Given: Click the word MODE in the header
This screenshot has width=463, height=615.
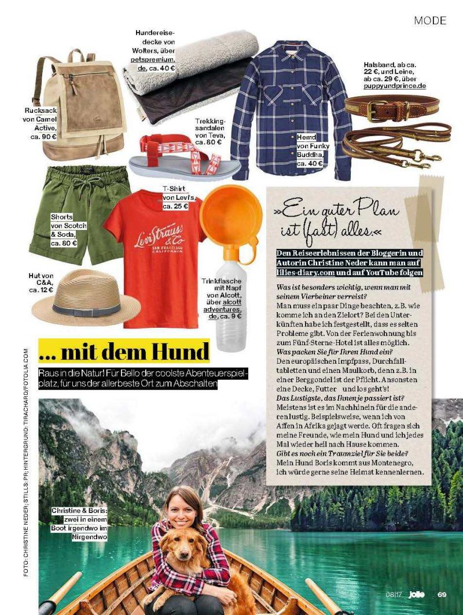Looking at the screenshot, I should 430,21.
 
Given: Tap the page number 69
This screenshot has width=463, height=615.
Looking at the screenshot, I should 442,594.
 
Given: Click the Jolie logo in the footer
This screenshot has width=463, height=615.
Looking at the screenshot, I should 417,594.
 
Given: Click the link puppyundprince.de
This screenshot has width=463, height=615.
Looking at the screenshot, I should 395,86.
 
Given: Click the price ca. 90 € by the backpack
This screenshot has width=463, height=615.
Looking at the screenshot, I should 44,137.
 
